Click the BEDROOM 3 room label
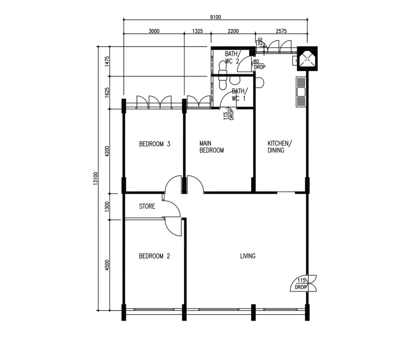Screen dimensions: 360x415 [155, 144]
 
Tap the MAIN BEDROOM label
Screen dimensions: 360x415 [212, 146]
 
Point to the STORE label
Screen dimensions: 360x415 [147, 206]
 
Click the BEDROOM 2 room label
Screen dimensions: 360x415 [155, 256]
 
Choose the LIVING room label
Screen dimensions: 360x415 [248, 256]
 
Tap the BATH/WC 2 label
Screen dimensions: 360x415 [232, 58]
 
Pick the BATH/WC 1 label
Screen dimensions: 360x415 [239, 94]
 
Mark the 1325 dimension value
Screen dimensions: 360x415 [197, 31]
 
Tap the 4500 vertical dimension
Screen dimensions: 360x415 [107, 265]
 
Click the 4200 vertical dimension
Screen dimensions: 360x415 [107, 151]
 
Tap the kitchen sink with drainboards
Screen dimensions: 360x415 [300, 92]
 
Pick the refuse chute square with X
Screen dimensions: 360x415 [307, 59]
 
